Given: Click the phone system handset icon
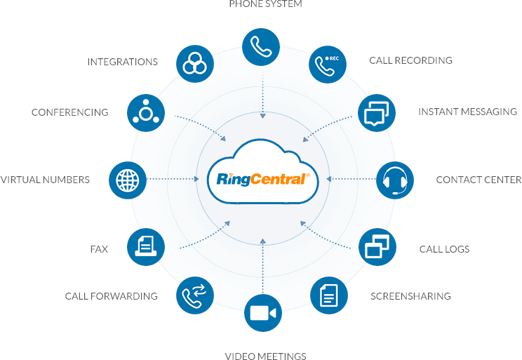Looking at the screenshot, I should point(262,46).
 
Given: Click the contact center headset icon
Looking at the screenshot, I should point(395,180).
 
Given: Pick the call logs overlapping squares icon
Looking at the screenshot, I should point(377,246).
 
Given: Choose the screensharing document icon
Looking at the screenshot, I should point(328,295).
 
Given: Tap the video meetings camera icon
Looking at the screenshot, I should point(262,314).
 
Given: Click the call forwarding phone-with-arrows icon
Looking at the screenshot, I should point(194,295).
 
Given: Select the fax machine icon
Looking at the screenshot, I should point(145,246).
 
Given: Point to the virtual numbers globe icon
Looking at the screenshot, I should point(128,180).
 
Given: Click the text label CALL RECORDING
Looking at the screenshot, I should point(410,61).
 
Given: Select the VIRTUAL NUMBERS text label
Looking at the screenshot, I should point(45,180).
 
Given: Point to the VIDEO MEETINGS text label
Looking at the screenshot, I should point(265,356).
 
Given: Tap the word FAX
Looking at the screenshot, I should point(99,249).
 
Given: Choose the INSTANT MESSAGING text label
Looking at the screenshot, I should point(467,112).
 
